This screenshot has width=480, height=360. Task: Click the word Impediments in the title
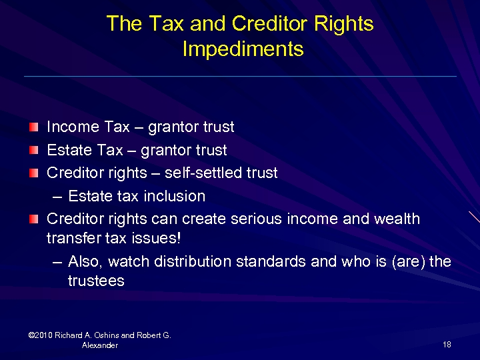click(x=243, y=49)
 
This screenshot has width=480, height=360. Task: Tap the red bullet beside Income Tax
click(x=34, y=127)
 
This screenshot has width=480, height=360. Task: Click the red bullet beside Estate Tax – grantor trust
click(x=34, y=150)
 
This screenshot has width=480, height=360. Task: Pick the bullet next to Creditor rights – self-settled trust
click(x=34, y=173)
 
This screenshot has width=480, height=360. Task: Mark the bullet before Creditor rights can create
click(x=34, y=219)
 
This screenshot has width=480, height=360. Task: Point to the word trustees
click(x=96, y=281)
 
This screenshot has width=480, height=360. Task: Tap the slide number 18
click(x=447, y=344)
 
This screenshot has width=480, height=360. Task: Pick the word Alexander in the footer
click(x=99, y=345)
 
